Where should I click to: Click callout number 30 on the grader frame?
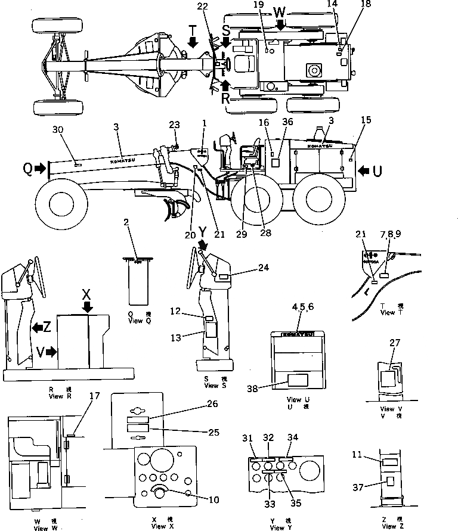coord(57,129)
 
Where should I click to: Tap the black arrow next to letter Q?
coord(40,169)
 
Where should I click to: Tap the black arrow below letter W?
coord(281,24)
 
